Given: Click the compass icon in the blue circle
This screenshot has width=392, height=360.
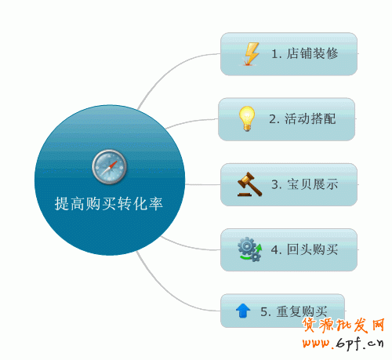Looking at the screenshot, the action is coord(110,167).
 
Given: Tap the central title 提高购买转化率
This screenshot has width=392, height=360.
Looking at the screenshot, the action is coord(109,204).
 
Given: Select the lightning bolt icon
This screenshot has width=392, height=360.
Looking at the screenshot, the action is coord(252,54).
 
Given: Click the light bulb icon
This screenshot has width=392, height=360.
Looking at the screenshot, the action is coord(247,118).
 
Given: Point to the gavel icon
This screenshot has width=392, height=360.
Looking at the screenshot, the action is coord(249,184).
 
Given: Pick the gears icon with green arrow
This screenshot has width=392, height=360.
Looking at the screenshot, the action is coord(249,249).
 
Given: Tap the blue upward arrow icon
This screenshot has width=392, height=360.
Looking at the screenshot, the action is coord(243,311).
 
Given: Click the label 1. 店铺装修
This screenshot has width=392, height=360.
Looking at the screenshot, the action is coord(305,53).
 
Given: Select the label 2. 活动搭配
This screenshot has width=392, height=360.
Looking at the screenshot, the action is coord(303,119).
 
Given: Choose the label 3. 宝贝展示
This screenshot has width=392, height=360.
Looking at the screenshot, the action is coord(305,184).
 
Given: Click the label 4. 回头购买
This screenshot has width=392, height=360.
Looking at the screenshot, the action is coord(305,249).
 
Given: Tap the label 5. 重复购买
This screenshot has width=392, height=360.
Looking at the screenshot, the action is coord(294,311).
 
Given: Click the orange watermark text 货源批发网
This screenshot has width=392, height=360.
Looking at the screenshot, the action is coord(343,325).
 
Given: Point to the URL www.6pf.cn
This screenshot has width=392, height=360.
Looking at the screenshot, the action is coord(343,343).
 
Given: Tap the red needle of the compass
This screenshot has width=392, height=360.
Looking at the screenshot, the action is coord(113,165).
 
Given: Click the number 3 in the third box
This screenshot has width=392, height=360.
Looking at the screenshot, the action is coord(274,184).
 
